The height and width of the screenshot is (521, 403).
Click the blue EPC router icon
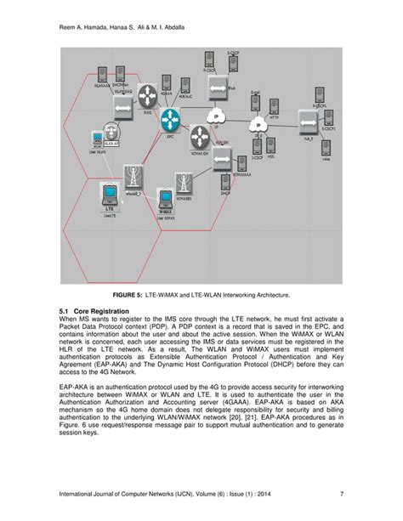tap(173, 118)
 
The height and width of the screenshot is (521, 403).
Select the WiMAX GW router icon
tap(200, 136)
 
